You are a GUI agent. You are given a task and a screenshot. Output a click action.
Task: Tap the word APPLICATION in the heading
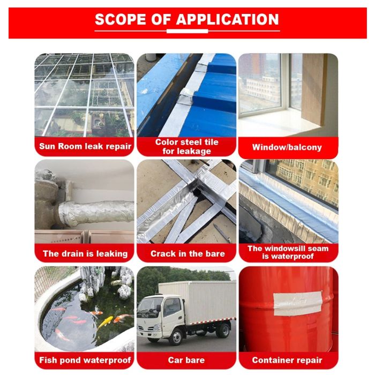click(x=228, y=19)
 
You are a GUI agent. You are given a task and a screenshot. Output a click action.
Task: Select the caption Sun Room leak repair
click(x=85, y=146)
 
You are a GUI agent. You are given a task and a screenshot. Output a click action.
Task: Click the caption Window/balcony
click(x=287, y=147)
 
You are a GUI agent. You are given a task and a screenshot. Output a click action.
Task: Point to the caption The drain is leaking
click(x=85, y=253)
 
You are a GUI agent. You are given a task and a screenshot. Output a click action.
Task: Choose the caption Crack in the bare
click(x=187, y=253)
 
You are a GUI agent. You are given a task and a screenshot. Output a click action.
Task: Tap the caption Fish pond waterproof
click(x=85, y=360)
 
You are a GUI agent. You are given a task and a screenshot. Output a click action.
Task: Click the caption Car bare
click(x=186, y=360)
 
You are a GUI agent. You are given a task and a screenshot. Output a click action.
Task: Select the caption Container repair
click(x=287, y=360)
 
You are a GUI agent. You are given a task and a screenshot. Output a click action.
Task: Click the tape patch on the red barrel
click(x=297, y=303)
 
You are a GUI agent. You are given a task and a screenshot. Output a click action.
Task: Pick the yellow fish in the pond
click(x=106, y=321)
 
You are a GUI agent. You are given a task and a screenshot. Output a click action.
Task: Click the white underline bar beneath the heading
click(x=187, y=31)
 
